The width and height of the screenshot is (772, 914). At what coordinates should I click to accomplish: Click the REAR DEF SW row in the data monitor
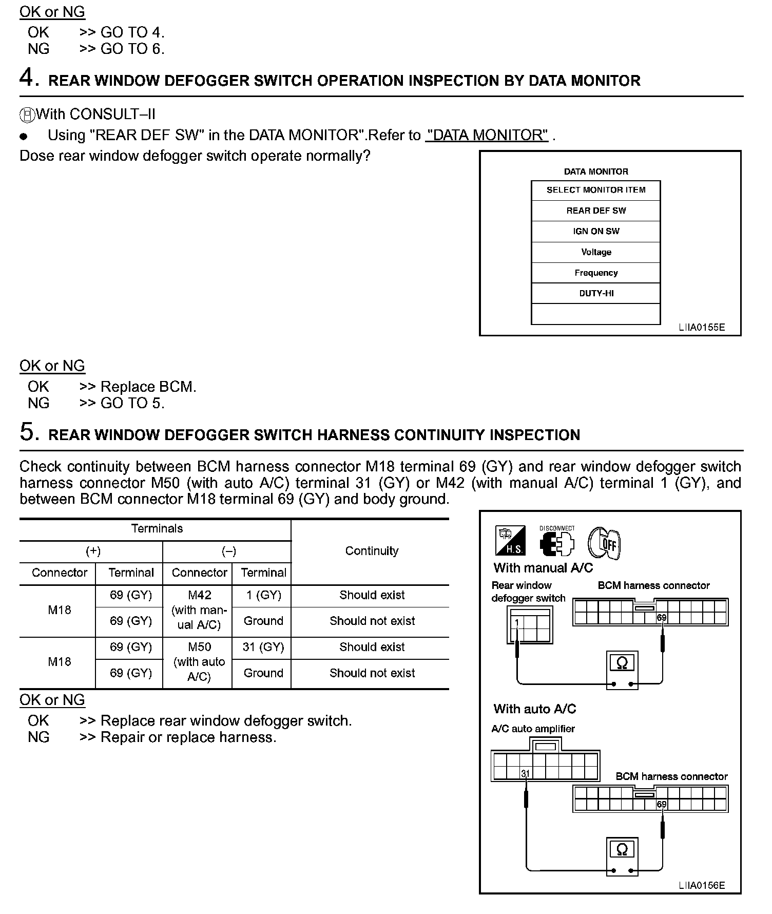point(595,211)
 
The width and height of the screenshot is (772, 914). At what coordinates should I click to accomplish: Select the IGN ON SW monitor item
point(595,231)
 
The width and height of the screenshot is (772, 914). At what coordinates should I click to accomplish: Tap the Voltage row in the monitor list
point(595,252)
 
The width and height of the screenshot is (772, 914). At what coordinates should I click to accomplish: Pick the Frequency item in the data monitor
point(595,273)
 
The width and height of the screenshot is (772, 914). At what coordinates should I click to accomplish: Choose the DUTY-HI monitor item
point(595,293)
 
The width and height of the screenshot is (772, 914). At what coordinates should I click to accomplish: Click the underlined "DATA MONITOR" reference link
point(487,135)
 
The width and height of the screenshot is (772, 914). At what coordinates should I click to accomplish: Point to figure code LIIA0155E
point(701,327)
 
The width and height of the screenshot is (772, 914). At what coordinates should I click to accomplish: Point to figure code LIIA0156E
point(701,885)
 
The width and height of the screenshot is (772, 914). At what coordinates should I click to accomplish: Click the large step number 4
point(29,78)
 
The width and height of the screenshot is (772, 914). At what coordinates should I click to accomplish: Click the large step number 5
point(29,432)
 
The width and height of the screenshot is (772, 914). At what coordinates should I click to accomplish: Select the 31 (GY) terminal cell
point(263,647)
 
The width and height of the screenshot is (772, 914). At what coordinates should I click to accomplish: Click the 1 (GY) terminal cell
point(263,595)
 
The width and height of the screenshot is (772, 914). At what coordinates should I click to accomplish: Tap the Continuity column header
point(372,551)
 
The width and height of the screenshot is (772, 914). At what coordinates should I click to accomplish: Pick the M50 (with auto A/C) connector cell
point(199,662)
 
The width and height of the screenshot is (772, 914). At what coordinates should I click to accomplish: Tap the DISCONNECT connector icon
point(557,542)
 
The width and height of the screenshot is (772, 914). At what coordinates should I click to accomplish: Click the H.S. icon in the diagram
point(510,541)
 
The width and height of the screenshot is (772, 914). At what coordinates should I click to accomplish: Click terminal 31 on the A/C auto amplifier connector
point(525,773)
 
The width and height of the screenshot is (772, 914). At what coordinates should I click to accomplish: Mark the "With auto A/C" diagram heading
point(535,709)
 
